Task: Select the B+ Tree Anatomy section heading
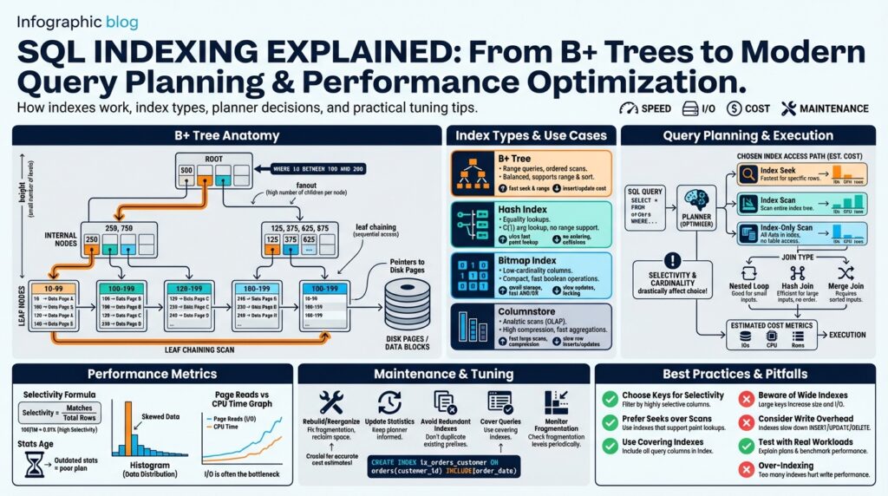[227, 135]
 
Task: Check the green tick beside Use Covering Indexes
[610, 444]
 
